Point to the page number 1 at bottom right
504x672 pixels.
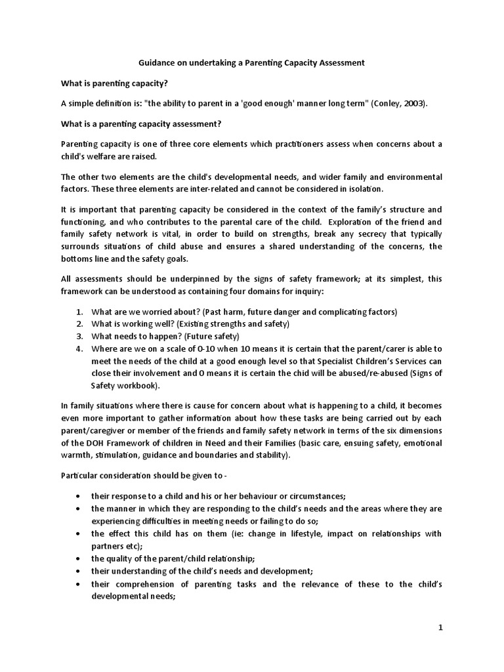click(441, 627)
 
